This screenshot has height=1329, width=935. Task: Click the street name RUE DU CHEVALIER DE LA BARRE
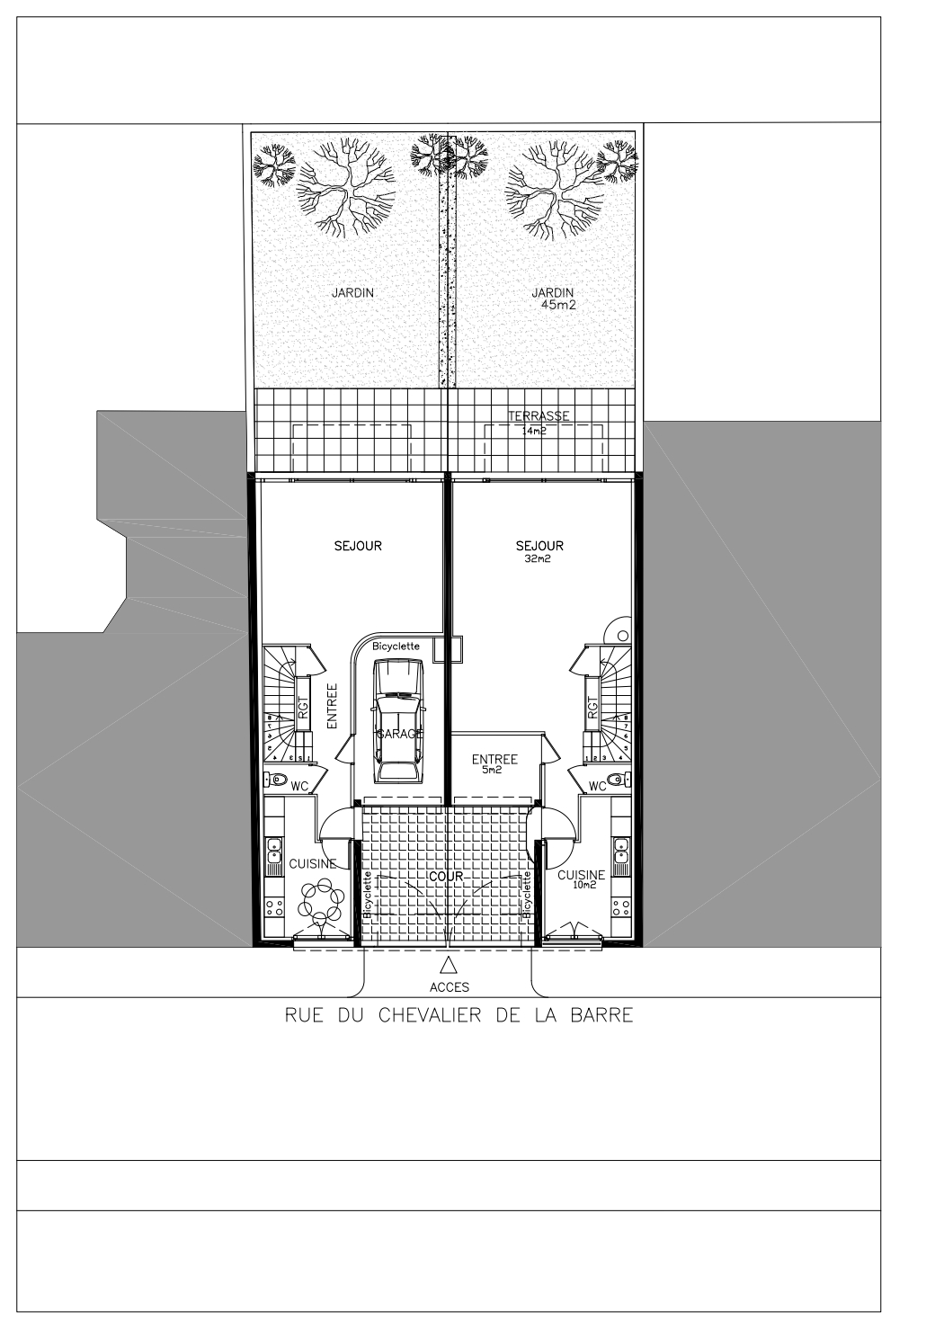[x=459, y=1015]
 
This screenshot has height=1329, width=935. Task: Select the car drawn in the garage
[x=398, y=721]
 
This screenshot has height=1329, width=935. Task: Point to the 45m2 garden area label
[x=558, y=305]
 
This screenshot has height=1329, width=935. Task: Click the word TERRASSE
[x=539, y=416]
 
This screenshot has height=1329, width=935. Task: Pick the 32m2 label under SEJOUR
[x=539, y=558]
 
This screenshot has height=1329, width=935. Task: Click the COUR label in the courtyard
[x=445, y=877]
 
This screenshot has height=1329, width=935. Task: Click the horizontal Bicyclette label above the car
[x=396, y=647]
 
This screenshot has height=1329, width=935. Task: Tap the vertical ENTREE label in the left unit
[x=332, y=706]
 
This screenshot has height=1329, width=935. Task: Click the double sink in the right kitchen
[x=621, y=852]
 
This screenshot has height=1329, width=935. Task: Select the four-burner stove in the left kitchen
[x=273, y=906]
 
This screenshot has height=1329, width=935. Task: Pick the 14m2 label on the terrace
[x=534, y=432]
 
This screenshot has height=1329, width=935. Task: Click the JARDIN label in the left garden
[x=352, y=292]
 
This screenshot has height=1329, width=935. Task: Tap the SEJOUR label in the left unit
[x=358, y=546]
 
